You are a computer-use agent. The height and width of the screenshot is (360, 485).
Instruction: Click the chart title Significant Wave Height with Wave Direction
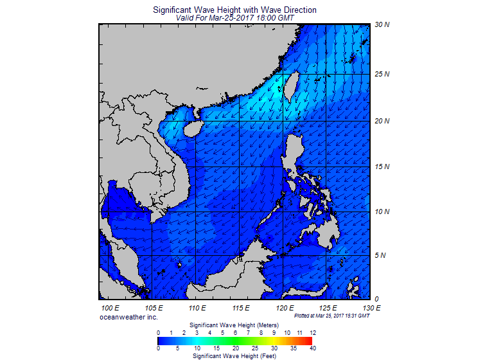pyautogui.click(x=235, y=10)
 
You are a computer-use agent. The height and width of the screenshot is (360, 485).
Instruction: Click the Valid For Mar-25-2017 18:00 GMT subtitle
pyautogui.click(x=235, y=19)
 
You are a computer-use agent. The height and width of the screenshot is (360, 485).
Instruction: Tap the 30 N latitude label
pyautogui.click(x=382, y=25)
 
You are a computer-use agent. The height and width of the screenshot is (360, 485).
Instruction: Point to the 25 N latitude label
pyautogui.click(x=382, y=74)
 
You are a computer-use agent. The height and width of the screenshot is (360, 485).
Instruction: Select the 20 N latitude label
pyautogui.click(x=382, y=121)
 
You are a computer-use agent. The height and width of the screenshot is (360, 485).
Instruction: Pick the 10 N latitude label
pyautogui.click(x=382, y=212)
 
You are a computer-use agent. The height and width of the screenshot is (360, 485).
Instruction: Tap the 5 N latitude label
pyautogui.click(x=380, y=255)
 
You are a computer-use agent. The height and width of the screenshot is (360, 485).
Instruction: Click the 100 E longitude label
pyautogui.click(x=112, y=309)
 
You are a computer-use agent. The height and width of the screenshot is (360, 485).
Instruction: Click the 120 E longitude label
pyautogui.click(x=283, y=309)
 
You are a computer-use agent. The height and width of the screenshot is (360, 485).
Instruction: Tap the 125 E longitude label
pyautogui.click(x=328, y=309)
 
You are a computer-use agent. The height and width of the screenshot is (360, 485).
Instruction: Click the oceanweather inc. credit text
pyautogui.click(x=128, y=317)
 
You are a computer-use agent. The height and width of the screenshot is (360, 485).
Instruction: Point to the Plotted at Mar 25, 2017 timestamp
pyautogui.click(x=331, y=316)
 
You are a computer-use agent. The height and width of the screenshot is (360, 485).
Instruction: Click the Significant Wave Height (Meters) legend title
pyautogui.click(x=235, y=326)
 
